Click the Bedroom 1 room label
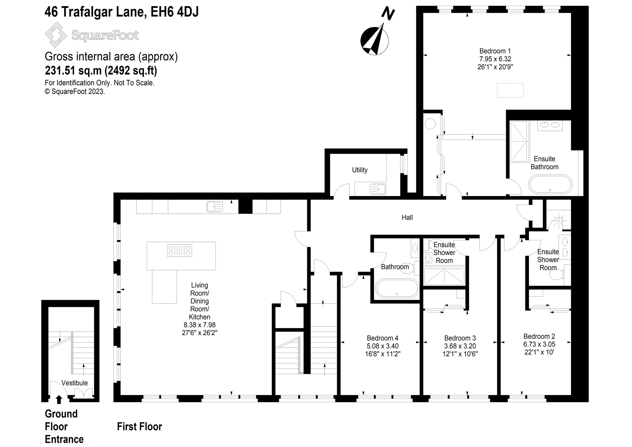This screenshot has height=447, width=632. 495,51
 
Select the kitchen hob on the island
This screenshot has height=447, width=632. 179,251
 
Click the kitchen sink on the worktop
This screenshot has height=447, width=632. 215,206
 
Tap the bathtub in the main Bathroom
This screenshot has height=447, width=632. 397,288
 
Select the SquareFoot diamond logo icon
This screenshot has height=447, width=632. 56,35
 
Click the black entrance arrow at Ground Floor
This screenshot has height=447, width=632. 59,399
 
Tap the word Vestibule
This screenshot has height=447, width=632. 74,383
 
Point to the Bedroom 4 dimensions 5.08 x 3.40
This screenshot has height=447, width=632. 382,346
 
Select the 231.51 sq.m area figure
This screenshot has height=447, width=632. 73,71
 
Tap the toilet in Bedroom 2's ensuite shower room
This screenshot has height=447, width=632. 556,275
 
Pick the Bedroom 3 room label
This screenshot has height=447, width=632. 460,338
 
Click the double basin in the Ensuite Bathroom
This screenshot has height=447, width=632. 550,125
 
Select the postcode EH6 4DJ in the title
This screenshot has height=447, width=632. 174,12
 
